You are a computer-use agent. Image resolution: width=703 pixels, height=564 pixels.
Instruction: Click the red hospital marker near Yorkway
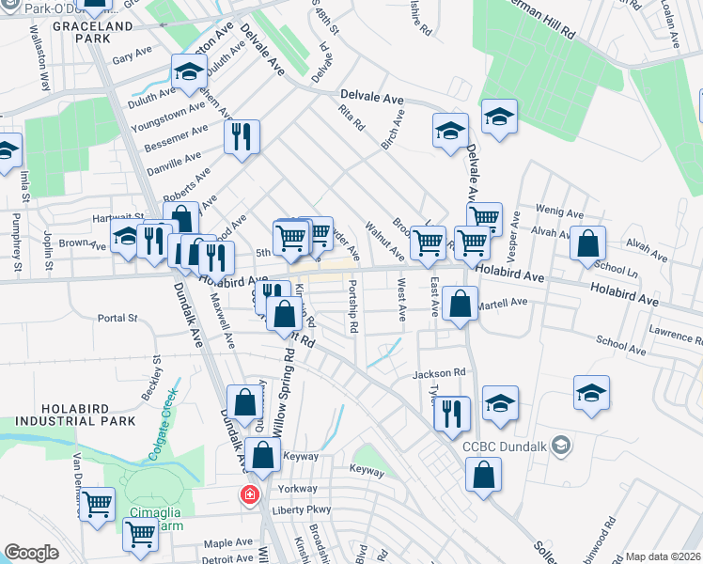[x=250, y=494]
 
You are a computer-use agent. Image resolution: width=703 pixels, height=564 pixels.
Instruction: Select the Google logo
[x=31, y=553]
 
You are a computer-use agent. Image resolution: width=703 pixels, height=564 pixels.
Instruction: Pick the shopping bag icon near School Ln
[x=587, y=243]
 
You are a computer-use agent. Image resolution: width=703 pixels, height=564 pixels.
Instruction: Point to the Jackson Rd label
[x=439, y=373]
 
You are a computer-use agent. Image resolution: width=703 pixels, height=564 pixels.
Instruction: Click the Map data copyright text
[x=662, y=556]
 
